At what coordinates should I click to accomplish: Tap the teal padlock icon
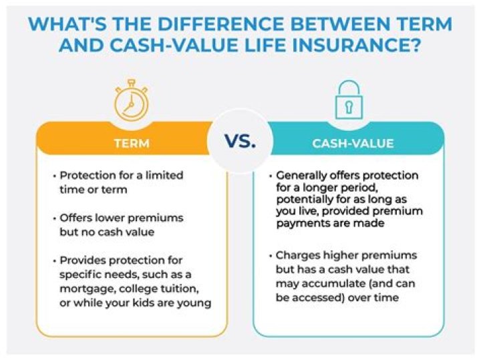(348, 101)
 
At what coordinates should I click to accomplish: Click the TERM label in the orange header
(131, 143)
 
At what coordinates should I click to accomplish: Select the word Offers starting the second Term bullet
(76, 218)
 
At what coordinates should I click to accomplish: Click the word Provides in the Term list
(84, 260)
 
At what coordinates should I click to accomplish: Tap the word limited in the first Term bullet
(165, 176)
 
